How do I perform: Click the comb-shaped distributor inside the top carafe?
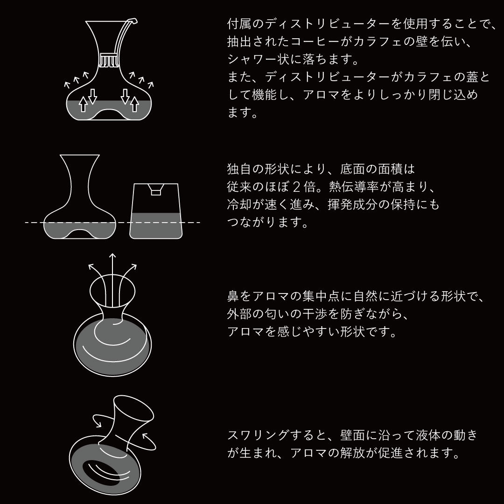pos(107,62)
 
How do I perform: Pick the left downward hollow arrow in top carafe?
pos(92,95)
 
